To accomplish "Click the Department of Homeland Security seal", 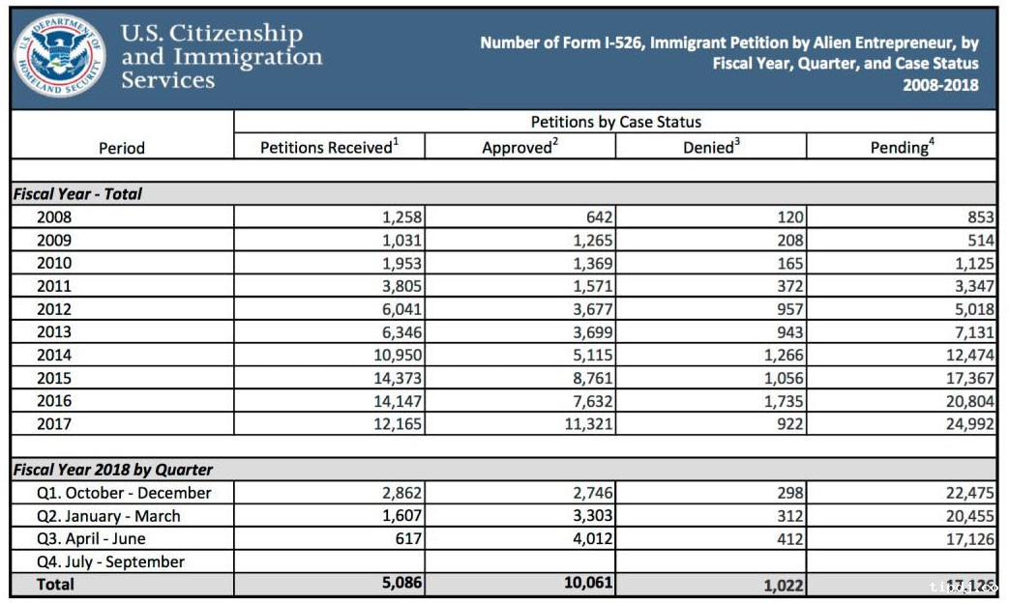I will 60,56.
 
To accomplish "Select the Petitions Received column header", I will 329,148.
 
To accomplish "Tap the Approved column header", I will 519,148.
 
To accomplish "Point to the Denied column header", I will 711,148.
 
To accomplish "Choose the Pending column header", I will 902,148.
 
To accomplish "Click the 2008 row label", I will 53,217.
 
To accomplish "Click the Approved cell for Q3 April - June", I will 587,539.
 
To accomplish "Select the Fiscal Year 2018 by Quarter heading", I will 112,470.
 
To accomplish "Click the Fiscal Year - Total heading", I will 77,193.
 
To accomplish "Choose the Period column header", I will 122,148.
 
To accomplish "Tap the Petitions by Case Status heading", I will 615,122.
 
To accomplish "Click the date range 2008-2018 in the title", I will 940,85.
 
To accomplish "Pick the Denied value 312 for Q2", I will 789,516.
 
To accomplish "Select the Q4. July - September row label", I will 110,561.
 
